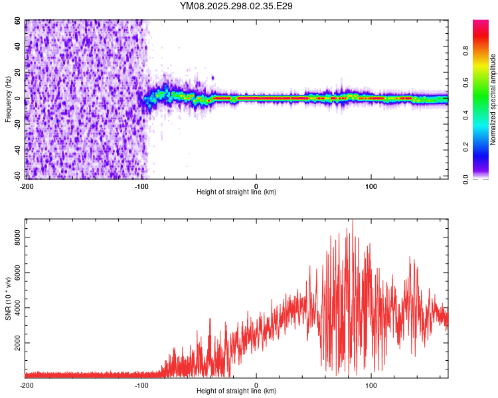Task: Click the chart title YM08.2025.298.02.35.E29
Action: click(236, 6)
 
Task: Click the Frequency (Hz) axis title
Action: click(8, 99)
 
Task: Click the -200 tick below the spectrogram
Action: click(27, 186)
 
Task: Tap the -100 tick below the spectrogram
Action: click(141, 186)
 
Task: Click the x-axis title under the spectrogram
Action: click(236, 192)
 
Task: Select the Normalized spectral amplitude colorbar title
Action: click(493, 99)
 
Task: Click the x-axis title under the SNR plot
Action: click(236, 391)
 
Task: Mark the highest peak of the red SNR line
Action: click(353, 221)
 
